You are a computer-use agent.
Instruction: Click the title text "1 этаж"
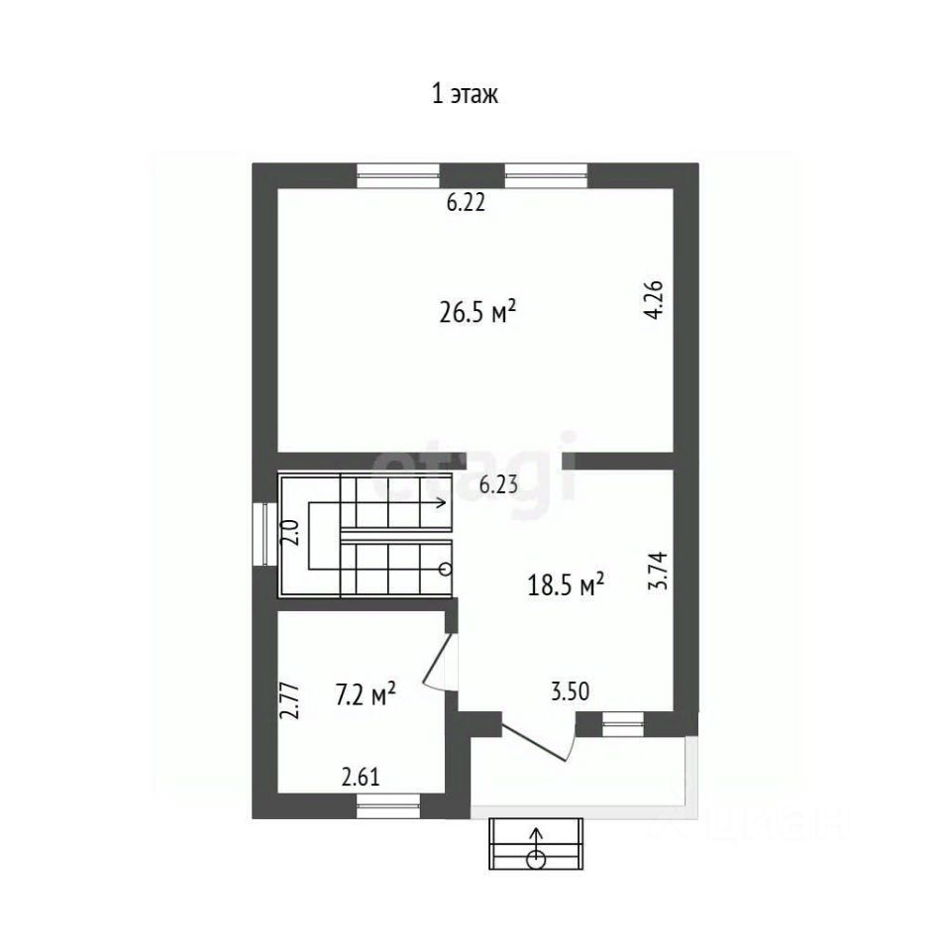(x=465, y=95)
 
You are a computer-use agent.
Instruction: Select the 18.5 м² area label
(x=566, y=585)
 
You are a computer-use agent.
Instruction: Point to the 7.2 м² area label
(x=366, y=694)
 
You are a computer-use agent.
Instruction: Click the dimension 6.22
(x=466, y=202)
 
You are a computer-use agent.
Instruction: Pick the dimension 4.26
(x=655, y=299)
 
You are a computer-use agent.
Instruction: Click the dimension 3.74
(x=658, y=571)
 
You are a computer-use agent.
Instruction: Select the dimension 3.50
(x=571, y=691)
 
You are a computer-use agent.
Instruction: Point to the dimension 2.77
(x=289, y=700)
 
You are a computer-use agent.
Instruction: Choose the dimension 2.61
(x=361, y=777)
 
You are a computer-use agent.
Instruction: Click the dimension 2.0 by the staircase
(x=290, y=533)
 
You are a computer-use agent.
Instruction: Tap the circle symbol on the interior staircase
(x=445, y=569)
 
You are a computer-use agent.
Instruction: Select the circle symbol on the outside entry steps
(x=536, y=859)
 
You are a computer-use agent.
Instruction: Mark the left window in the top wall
(x=398, y=175)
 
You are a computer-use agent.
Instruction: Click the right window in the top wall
(x=547, y=175)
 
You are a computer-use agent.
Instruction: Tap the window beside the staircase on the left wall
(x=264, y=534)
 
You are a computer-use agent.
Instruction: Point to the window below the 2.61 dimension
(x=388, y=806)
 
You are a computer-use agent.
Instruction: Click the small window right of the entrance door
(x=623, y=724)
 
